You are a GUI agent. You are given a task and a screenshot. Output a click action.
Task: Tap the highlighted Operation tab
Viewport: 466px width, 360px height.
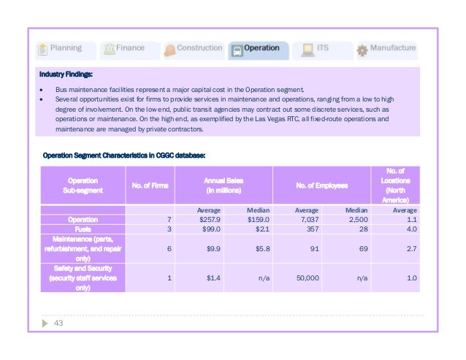256,49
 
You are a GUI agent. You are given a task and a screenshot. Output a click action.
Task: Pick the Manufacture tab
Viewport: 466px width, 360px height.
386,49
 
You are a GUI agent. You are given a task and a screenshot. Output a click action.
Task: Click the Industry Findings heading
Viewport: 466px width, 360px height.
67,74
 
